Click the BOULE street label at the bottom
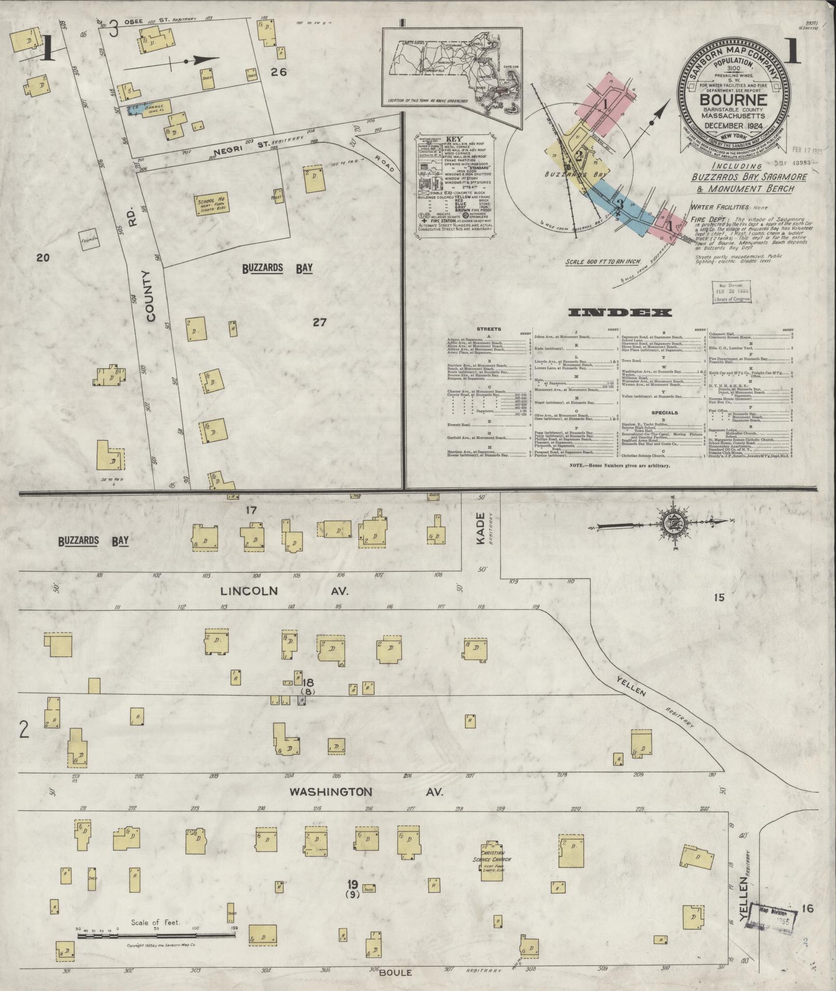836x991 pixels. pos(396,972)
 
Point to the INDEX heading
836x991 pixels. pos(620,312)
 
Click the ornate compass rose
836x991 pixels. pos(672,525)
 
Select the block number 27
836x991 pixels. pos(319,322)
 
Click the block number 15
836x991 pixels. pos(718,598)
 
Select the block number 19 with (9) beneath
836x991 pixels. pos(352,885)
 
